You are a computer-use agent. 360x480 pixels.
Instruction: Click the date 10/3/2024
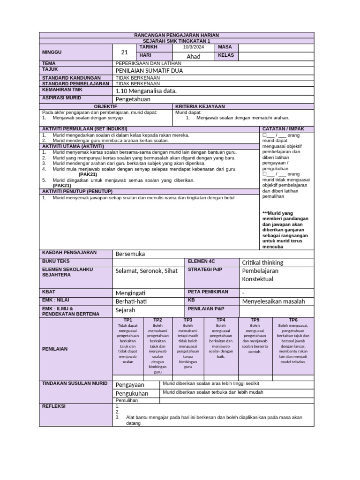tap(194, 47)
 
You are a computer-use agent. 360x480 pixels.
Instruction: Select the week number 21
tap(124, 52)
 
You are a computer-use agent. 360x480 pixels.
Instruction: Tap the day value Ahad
tap(194, 56)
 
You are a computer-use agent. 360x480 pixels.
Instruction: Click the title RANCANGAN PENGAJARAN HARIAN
tap(177, 35)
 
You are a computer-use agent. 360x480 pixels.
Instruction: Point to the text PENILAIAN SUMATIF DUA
tap(149, 70)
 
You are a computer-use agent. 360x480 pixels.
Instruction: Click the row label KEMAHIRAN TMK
tap(60, 89)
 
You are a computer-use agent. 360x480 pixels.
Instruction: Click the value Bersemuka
tap(130, 254)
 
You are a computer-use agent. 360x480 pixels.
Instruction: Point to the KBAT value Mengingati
tap(132, 292)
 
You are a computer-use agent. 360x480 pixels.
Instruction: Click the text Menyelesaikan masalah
tap(273, 301)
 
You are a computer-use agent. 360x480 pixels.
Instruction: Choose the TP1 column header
tap(127, 319)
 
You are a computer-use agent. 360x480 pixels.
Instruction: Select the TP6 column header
tap(293, 319)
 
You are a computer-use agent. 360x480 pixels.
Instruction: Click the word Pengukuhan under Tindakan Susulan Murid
tap(132, 393)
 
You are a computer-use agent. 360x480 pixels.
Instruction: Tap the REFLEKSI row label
tap(54, 406)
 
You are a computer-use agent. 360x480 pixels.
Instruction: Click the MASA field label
tap(222, 47)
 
